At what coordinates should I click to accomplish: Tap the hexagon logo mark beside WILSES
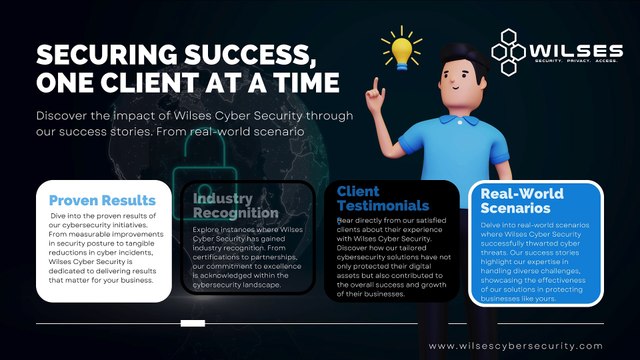pyautogui.click(x=517, y=48)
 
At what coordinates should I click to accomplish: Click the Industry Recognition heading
pyautogui.click(x=235, y=205)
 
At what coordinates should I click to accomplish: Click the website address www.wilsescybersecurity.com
pyautogui.click(x=529, y=346)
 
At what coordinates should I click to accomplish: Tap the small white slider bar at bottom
pyautogui.click(x=193, y=323)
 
